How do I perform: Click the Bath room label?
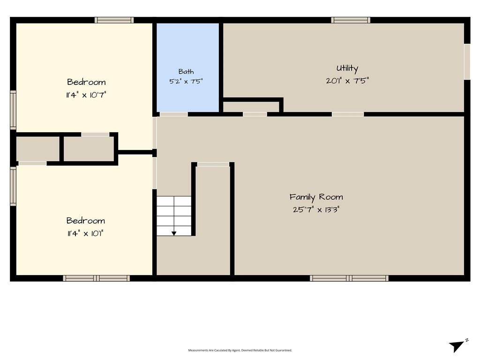(x=186, y=72)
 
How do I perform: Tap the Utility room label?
(x=347, y=68)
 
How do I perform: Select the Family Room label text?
(x=316, y=197)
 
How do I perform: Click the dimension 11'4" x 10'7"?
(x=86, y=95)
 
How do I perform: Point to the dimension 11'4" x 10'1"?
(x=85, y=233)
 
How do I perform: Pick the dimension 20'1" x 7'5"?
(x=347, y=81)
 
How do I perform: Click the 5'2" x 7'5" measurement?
(x=186, y=82)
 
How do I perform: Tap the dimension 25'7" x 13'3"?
(x=316, y=210)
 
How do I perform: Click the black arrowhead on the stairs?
(x=174, y=233)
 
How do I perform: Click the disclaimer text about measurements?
(x=240, y=350)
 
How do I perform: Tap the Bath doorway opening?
(x=174, y=114)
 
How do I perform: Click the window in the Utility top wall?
(x=351, y=20)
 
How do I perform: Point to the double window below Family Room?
(x=349, y=278)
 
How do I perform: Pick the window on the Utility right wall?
(x=467, y=62)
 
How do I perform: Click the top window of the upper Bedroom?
(x=114, y=20)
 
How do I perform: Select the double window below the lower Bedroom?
(x=97, y=278)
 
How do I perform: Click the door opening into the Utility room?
(x=348, y=114)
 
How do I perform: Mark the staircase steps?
(x=174, y=216)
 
